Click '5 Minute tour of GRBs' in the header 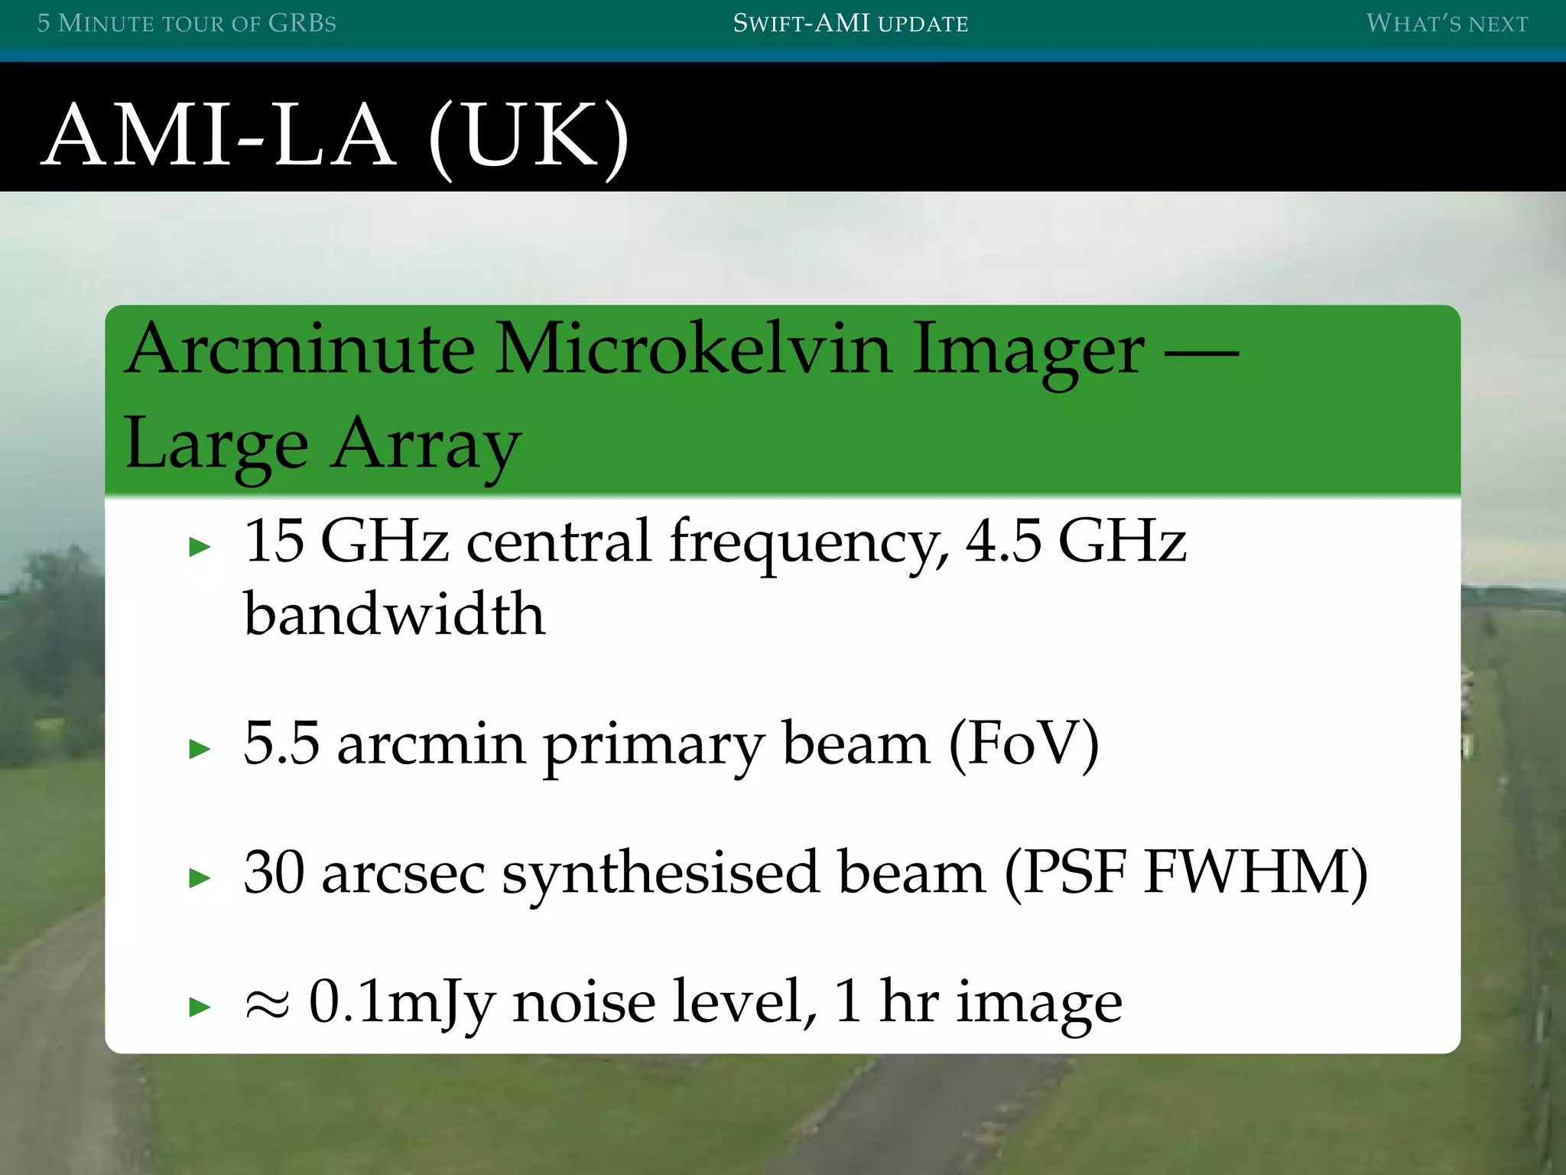coord(187,23)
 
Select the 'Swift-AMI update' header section coord(850,23)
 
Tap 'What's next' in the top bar coord(1447,23)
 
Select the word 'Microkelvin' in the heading coord(693,349)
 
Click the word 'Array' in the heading coord(427,445)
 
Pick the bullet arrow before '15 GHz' coord(200,546)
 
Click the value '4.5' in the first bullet coord(1002,540)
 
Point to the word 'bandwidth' coord(394,614)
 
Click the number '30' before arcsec coord(274,871)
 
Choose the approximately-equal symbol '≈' coord(267,1002)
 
